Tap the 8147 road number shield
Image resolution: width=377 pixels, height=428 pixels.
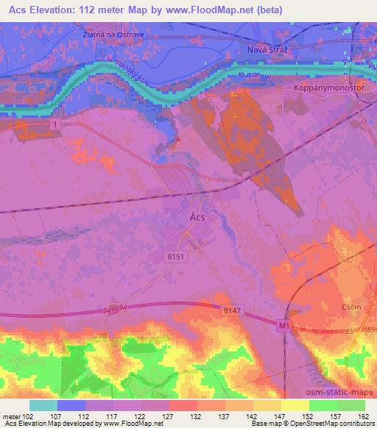click(x=231, y=313)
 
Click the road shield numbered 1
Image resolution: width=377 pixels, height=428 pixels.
click(x=54, y=126)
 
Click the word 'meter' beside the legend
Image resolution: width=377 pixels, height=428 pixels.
click(x=11, y=416)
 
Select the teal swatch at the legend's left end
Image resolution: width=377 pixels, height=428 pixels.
click(x=43, y=405)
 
